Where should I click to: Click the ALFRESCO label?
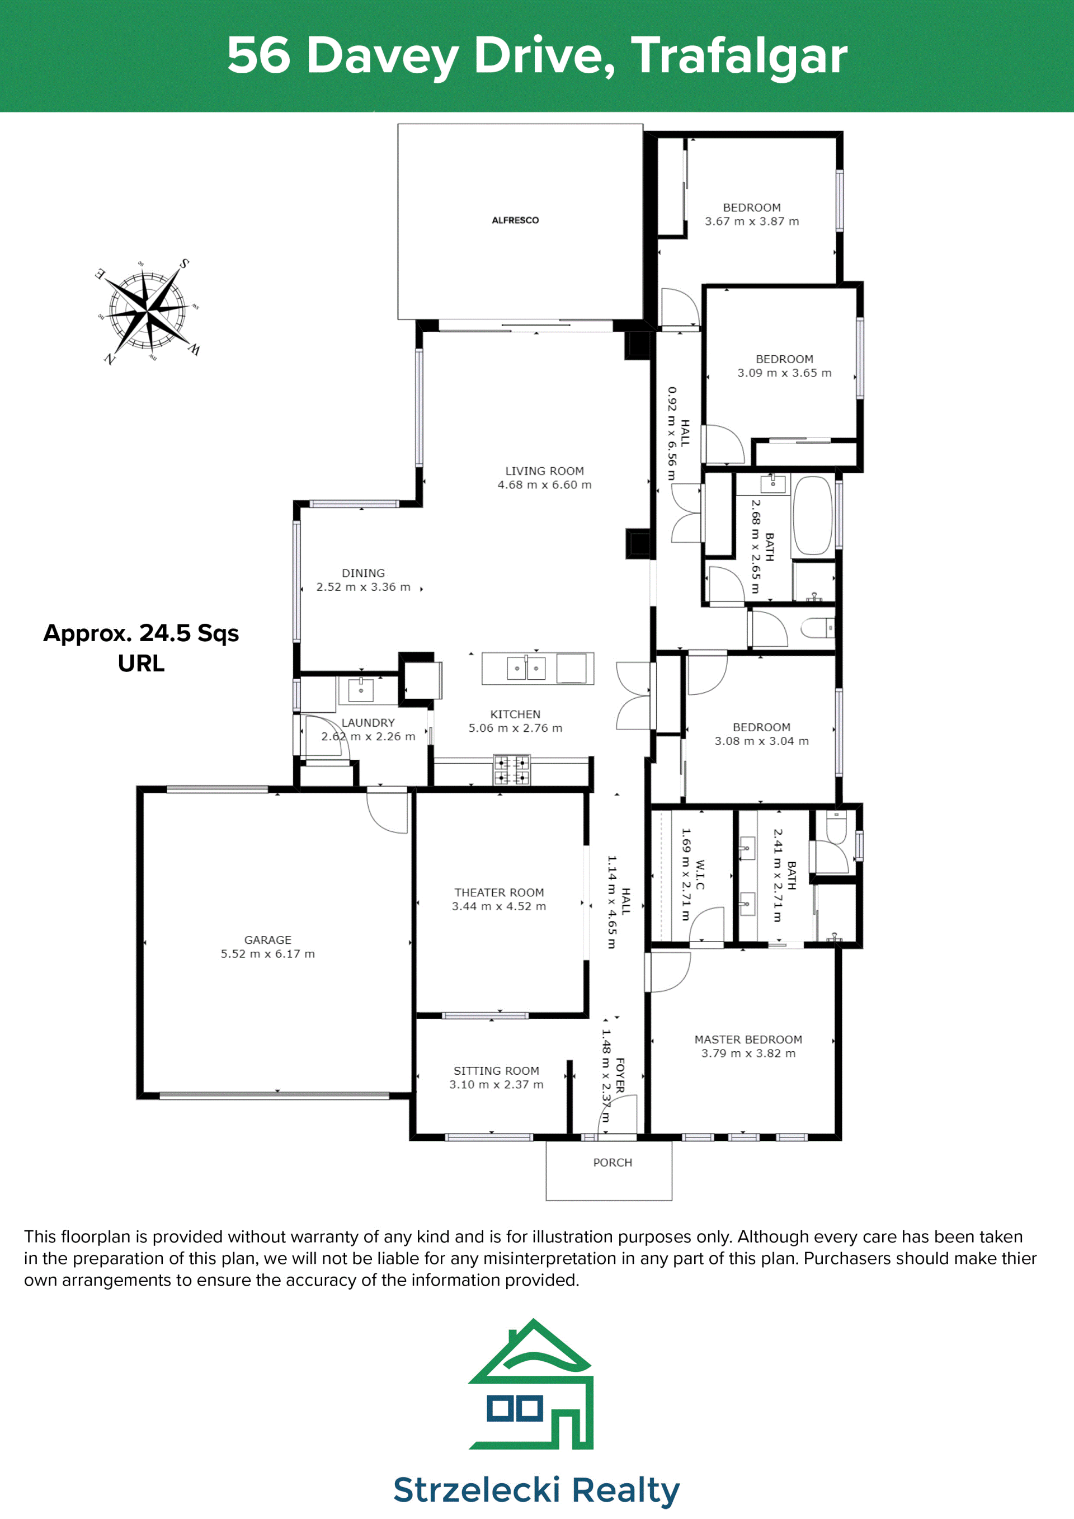515,220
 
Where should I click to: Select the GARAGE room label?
268,939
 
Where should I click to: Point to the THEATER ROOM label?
500,892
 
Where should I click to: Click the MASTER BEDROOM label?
748,1040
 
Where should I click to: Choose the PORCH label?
613,1163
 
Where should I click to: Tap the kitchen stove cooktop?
512,770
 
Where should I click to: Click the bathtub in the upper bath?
813,515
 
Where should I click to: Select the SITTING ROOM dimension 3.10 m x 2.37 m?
496,1084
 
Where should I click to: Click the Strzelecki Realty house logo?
533,1385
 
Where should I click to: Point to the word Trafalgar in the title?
739,57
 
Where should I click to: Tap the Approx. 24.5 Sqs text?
141,633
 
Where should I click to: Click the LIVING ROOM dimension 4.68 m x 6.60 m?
544,485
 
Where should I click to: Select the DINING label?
363,573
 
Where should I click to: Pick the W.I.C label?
700,874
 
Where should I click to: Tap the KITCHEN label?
515,714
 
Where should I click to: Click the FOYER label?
620,1075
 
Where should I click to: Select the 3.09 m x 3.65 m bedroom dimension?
784,373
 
